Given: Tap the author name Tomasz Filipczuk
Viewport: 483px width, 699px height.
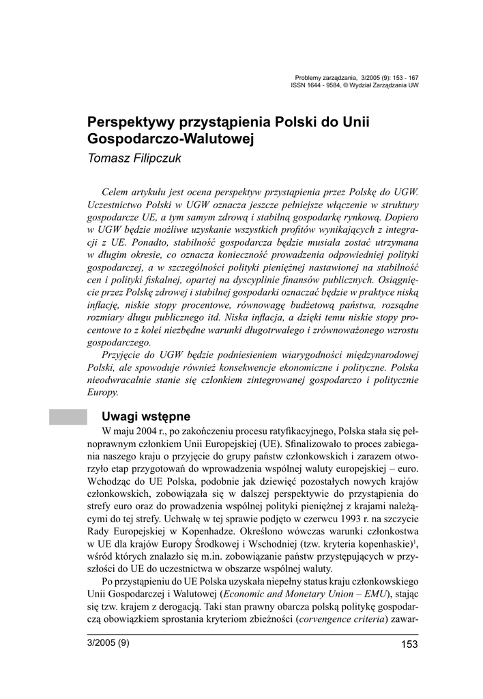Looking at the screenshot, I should click(133, 158).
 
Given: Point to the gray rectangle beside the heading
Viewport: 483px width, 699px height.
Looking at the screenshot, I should click(68, 416).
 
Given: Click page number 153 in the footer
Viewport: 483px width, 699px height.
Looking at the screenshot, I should click(409, 644).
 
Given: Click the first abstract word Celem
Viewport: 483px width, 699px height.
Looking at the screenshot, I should click(114, 192).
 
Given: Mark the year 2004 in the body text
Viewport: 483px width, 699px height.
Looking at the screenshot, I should click(143, 432).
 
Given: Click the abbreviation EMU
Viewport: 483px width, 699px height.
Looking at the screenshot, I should click(367, 594).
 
